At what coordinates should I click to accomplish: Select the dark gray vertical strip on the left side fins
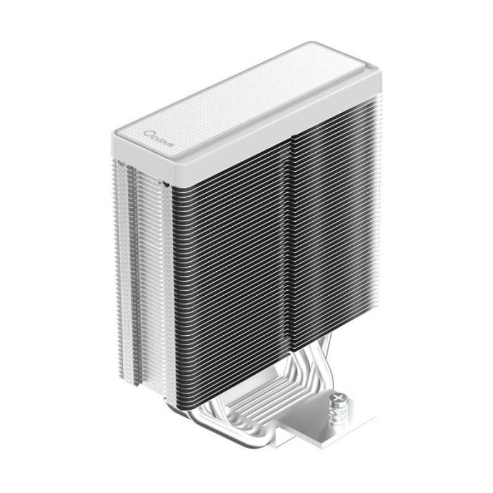pyautogui.click(x=131, y=271)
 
